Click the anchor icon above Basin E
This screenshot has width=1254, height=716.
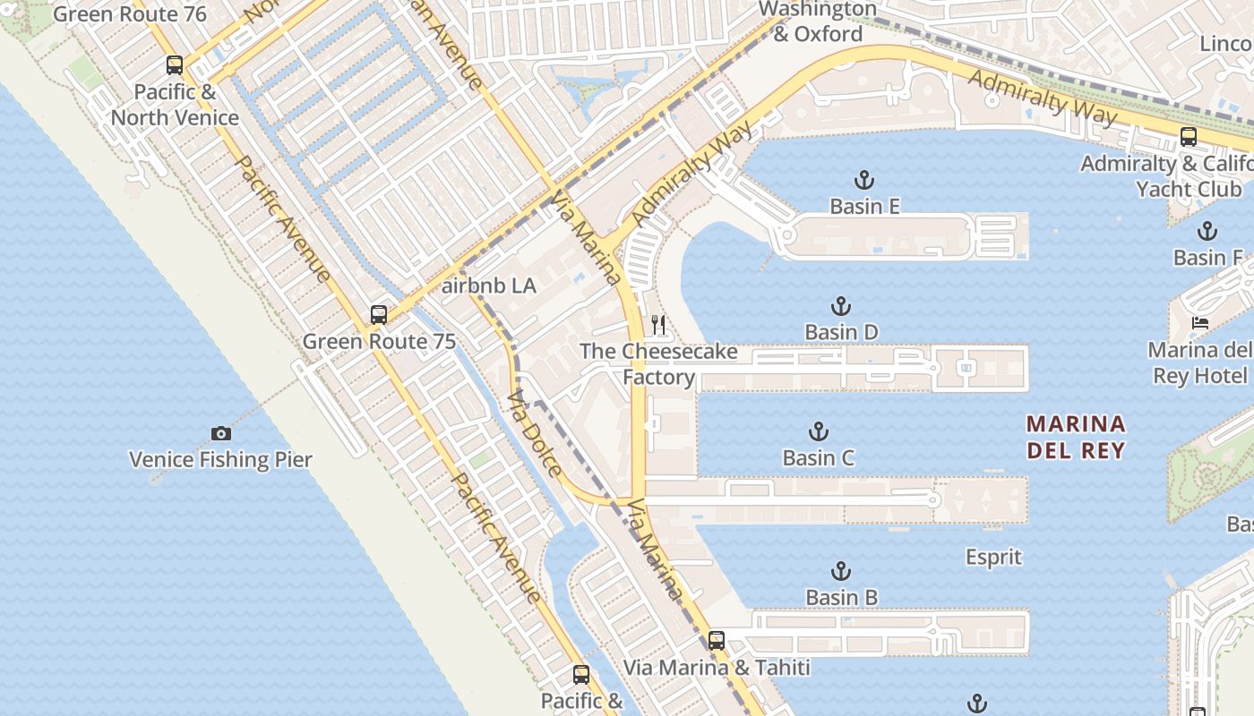864,180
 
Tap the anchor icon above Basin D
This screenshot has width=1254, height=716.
840,306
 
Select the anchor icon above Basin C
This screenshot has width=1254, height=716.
818,431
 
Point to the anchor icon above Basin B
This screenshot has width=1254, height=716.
840,570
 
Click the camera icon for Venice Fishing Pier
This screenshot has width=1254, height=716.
221,433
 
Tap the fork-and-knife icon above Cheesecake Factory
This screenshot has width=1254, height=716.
658,324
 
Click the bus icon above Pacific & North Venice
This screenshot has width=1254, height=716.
175,64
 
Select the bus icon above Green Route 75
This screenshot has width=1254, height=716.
379,314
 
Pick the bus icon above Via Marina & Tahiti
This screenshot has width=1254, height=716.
716,640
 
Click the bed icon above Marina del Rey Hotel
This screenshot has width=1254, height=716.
1199,322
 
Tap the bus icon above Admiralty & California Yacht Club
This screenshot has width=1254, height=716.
1188,137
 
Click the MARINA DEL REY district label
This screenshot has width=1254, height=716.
1076,436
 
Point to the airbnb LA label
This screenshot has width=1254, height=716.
489,286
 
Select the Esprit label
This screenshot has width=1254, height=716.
993,557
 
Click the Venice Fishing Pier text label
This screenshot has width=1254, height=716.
220,460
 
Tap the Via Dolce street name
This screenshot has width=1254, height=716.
535,434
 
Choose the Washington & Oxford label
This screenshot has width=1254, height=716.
818,21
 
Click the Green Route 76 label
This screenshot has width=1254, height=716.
130,14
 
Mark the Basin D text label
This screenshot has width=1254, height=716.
841,333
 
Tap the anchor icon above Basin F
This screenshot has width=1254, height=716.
1207,231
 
